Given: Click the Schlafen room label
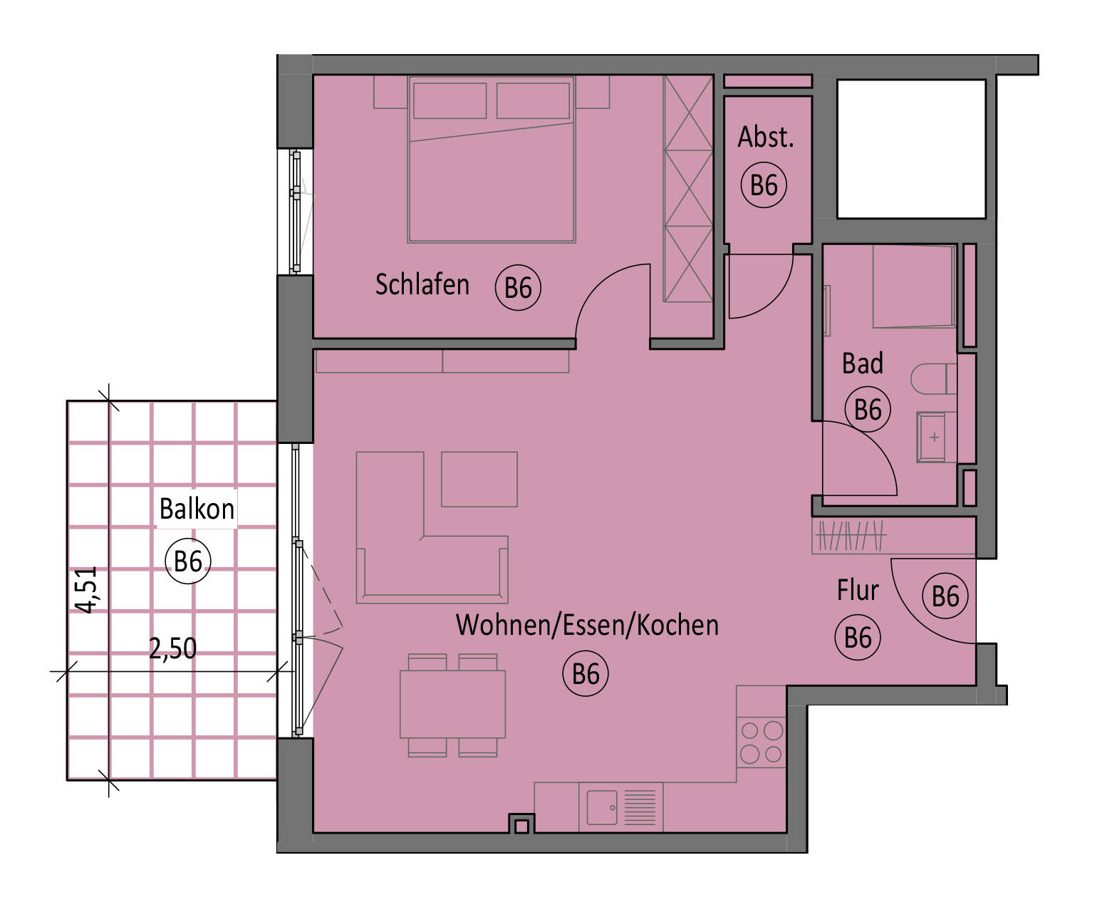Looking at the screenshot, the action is pos(422,284).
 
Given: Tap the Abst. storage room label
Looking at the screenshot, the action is pos(765,138).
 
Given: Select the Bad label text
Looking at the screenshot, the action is pos(863,363).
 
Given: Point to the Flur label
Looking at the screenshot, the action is pos(858,590).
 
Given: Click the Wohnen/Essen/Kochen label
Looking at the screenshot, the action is pos(587,625).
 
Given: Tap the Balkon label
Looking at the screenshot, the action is pos(197,509).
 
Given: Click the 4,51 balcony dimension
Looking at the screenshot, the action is pos(86,589).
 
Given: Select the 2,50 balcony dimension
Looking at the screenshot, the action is pos(172,648).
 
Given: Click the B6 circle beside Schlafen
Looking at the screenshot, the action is pos(518,288).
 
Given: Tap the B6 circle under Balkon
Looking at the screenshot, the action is pos(188,561).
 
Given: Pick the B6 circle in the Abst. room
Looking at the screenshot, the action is pos(764,185).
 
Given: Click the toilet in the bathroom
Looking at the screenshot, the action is pos(934,378).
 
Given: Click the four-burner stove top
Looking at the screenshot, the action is pos(761,742).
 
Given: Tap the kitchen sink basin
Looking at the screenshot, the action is pos(602,807).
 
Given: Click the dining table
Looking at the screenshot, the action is pos(452,704).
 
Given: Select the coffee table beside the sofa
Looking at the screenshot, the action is pos(479,479).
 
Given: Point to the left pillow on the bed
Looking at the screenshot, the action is pos(449,100).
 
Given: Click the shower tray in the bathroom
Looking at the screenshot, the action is pos(914,286).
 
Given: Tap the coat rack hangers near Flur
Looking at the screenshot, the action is pos(850,535).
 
